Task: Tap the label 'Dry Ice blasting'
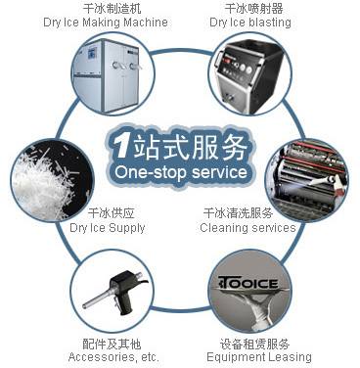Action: [248, 23]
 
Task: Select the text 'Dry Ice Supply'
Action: [108, 228]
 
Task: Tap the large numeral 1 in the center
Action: [118, 147]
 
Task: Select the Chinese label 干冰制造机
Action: [108, 9]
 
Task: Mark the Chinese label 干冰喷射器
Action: [248, 9]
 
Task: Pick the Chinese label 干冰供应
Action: [108, 213]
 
